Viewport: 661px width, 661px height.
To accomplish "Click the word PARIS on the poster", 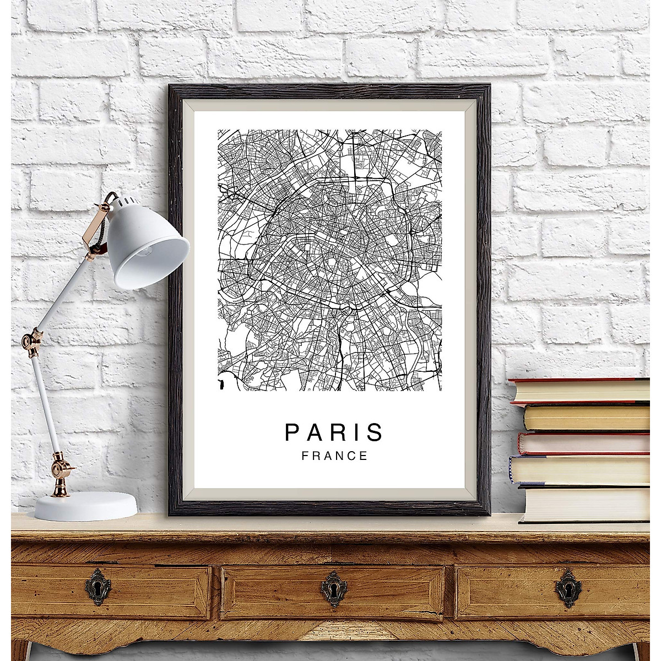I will (x=333, y=432).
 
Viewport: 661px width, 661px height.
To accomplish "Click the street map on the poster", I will (x=329, y=259).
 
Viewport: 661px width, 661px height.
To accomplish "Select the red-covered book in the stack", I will (x=584, y=443).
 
